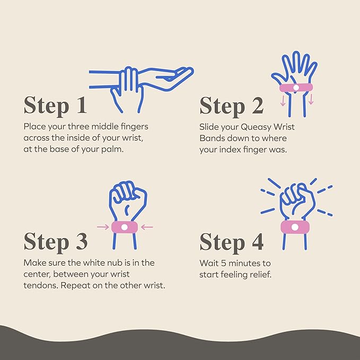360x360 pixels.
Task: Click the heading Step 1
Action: pos(55,105)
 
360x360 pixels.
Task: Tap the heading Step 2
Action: pos(231,106)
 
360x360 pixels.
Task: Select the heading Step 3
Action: pos(56,241)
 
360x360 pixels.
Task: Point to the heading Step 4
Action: pos(231,242)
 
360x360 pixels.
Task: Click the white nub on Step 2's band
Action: pos(296,87)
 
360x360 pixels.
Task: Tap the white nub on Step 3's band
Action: pos(124,227)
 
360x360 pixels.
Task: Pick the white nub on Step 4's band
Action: pos(295,227)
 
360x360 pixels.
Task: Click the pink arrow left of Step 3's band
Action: pos(103,227)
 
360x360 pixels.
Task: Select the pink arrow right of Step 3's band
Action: pos(147,227)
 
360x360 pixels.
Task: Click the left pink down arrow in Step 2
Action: pos(283,101)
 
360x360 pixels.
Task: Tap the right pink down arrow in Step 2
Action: pos(311,99)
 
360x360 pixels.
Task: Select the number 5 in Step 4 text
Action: pos(224,264)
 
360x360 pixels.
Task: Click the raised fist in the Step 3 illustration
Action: pos(128,197)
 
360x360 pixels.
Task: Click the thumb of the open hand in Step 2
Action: pos(278,78)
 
